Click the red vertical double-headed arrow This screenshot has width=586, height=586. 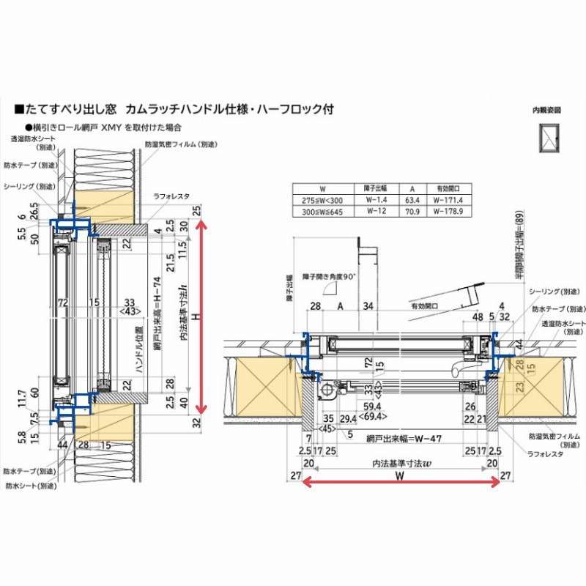point(204,323)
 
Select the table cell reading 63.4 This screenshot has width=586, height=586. point(412,199)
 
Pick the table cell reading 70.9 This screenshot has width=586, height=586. point(412,210)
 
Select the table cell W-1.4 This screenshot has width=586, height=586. point(375,199)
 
